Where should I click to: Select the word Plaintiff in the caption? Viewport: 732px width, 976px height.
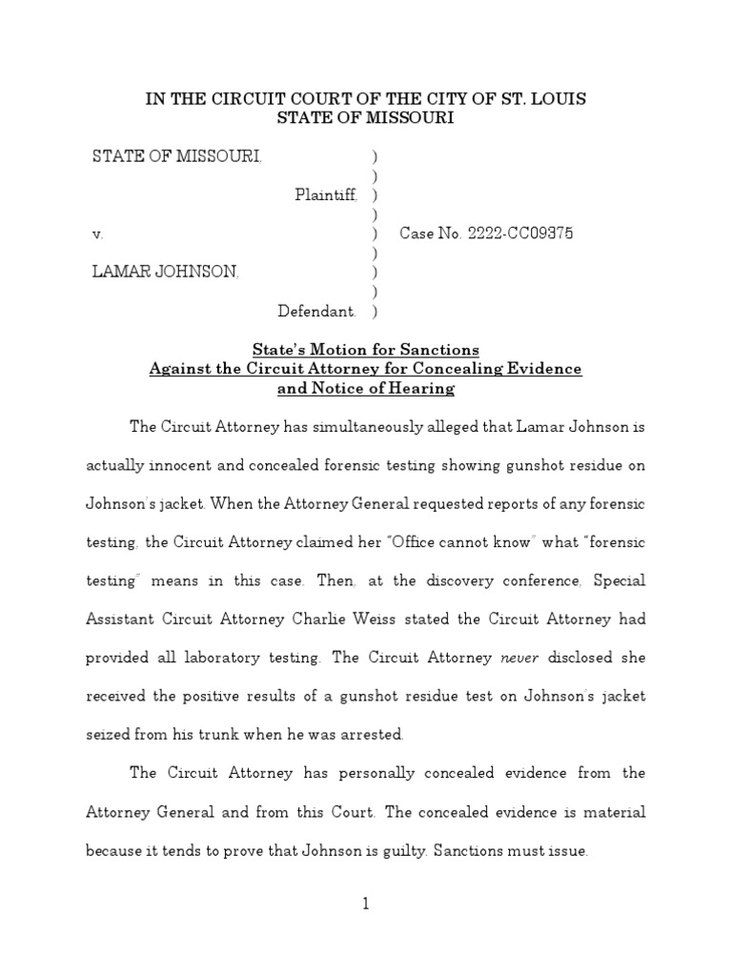click(x=326, y=194)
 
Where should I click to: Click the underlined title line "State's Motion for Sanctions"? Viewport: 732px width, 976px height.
click(x=365, y=349)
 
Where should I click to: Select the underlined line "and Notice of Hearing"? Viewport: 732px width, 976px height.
click(x=365, y=389)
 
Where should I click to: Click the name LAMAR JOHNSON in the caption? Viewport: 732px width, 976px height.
click(x=165, y=273)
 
